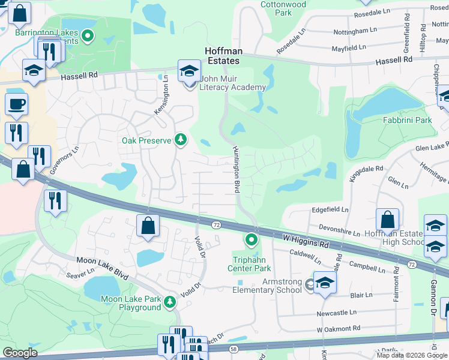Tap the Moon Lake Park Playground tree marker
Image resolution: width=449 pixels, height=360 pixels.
170,302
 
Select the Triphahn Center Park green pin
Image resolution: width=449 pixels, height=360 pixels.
251,241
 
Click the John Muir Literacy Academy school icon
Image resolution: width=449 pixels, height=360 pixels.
189,72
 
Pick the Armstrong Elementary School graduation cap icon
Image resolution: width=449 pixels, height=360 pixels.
324,283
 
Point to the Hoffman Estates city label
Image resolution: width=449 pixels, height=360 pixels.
222,56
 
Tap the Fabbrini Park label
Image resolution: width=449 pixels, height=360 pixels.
408,120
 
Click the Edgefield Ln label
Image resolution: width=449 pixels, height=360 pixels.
330,209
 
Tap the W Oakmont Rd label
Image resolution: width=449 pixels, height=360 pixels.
338,329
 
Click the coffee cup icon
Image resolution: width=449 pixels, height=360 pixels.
16,104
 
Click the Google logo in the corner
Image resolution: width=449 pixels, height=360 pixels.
20,353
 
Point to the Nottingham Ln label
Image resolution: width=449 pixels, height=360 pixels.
356,29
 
